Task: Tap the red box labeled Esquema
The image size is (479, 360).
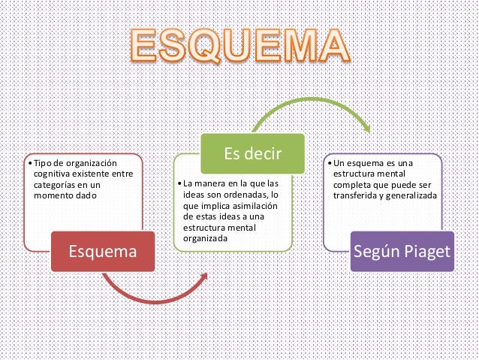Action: click(x=103, y=250)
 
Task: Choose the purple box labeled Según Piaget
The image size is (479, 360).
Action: click(x=403, y=250)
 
